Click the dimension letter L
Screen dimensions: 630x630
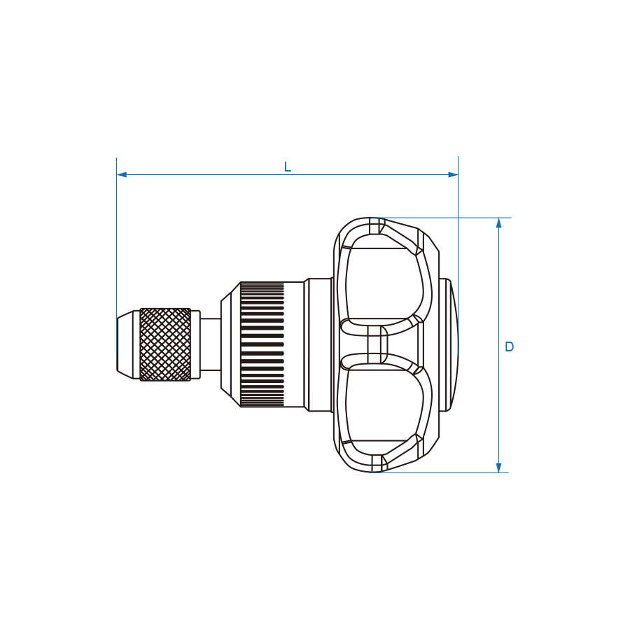(287, 167)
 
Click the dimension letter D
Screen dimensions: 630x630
(509, 346)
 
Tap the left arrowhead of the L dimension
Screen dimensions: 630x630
(122, 174)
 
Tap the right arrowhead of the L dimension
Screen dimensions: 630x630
(453, 174)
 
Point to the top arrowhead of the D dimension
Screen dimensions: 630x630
(498, 223)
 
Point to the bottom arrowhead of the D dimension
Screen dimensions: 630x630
(498, 468)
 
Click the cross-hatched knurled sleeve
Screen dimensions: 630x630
(165, 344)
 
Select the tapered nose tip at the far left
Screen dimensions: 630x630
(128, 344)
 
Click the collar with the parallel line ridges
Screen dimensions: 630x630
(262, 344)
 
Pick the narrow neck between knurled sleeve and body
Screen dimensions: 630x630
(210, 344)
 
